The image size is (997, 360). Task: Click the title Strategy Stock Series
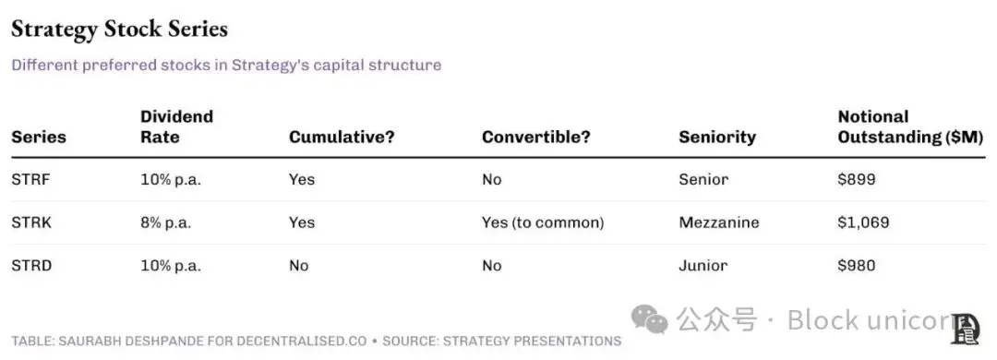point(119,30)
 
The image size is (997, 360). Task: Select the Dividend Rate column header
point(176,126)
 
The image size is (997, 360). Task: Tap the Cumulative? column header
point(342,138)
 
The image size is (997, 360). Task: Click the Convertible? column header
point(536,138)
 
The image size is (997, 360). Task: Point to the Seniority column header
point(717,138)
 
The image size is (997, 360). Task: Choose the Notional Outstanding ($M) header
point(910,126)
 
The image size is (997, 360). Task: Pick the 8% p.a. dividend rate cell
point(166,222)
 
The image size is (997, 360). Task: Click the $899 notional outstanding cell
point(857,179)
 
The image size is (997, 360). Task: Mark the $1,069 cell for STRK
point(863,222)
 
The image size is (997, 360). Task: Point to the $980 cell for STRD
point(857,265)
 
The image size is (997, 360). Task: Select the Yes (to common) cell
point(543,222)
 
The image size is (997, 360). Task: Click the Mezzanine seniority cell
point(719,222)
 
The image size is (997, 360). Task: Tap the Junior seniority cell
point(703,265)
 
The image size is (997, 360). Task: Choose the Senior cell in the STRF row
point(703,179)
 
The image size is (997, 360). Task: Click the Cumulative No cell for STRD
point(299,265)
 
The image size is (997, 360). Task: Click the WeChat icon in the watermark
point(649,318)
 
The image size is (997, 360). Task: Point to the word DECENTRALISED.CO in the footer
point(301,341)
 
